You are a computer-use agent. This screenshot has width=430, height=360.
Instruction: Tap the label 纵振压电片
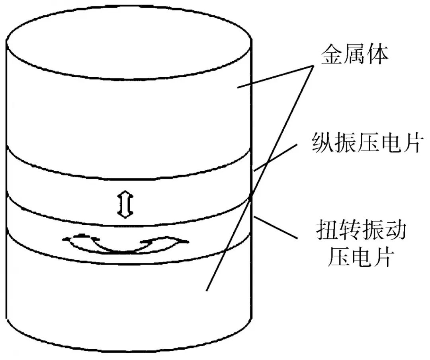point(367,142)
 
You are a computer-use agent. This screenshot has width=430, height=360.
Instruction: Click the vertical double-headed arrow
point(125,204)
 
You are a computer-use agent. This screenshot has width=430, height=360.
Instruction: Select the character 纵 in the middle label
point(323,142)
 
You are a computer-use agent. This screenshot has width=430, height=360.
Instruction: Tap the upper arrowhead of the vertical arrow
point(125,194)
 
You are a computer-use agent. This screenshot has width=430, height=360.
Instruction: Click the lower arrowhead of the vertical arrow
point(125,215)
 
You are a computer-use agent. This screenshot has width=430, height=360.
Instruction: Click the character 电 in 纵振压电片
point(389,142)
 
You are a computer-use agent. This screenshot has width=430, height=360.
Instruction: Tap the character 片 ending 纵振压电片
point(410,142)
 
